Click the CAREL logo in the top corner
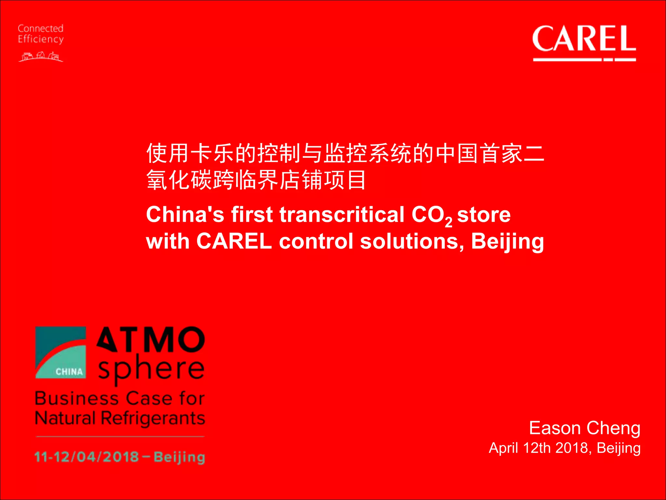click(584, 42)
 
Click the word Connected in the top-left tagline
click(40, 29)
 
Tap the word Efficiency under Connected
click(40, 39)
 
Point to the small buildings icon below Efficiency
click(41, 57)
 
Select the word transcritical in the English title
click(341, 215)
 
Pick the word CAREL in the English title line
click(234, 242)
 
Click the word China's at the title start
click(185, 215)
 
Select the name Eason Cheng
click(584, 428)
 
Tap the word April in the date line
click(504, 448)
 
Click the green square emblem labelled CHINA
click(61, 353)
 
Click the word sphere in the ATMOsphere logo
click(151, 369)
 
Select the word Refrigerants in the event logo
click(153, 419)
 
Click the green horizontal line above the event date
click(120, 437)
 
